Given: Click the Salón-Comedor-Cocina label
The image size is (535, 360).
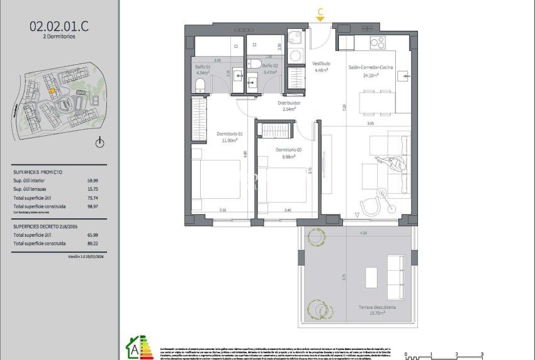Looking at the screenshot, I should (x=370, y=67).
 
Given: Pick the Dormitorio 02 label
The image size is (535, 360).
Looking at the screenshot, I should (x=286, y=150).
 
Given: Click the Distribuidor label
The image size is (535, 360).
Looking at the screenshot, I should (x=290, y=103).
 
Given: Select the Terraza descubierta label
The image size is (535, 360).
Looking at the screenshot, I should (x=378, y=307).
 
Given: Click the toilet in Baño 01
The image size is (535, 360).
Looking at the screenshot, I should (x=201, y=85).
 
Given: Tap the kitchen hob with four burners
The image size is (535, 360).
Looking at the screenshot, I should (x=378, y=43).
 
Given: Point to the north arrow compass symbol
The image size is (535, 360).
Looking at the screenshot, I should (x=99, y=143).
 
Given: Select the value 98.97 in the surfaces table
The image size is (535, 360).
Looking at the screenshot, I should (x=92, y=206).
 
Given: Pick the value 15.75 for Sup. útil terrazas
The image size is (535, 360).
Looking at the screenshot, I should (x=92, y=188).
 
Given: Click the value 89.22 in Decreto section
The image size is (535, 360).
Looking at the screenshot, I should (x=92, y=244).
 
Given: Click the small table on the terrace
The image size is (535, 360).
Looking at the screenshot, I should (x=371, y=277).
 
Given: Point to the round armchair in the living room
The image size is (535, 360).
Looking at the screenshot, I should (x=369, y=205).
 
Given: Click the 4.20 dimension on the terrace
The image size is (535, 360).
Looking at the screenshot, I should (x=363, y=233).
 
